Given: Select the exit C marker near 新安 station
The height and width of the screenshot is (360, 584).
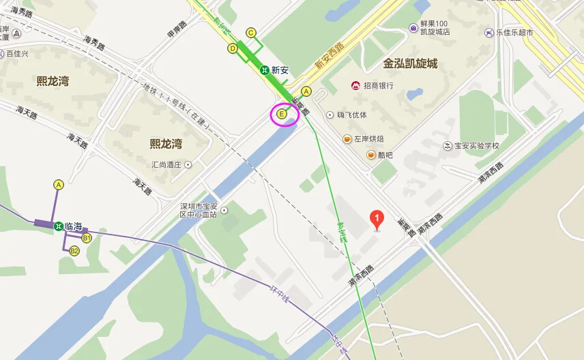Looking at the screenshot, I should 251,32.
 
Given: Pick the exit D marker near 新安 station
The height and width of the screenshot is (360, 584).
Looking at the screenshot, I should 233,48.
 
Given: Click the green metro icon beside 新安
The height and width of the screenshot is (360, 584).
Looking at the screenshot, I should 263,70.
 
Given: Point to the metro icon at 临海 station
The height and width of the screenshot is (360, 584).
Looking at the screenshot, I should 59,226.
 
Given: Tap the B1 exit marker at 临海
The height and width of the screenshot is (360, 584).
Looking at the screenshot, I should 87,238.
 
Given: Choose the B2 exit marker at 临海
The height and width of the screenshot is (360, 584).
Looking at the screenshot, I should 74,251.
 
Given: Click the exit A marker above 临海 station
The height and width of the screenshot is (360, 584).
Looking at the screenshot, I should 59,185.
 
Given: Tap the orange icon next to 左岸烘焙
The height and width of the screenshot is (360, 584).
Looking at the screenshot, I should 347,139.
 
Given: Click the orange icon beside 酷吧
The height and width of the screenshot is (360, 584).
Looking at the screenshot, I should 371,155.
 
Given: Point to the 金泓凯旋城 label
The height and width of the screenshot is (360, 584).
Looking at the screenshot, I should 410,63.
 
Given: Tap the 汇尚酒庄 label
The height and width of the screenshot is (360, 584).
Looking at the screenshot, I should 167,164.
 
